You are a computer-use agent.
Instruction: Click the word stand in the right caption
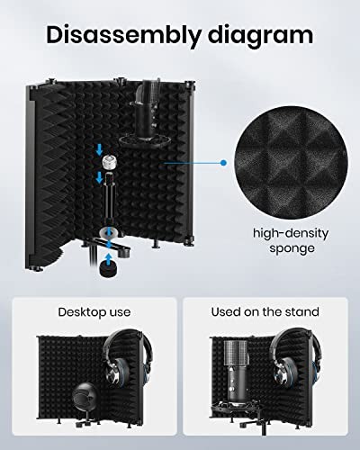click(301, 312)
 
